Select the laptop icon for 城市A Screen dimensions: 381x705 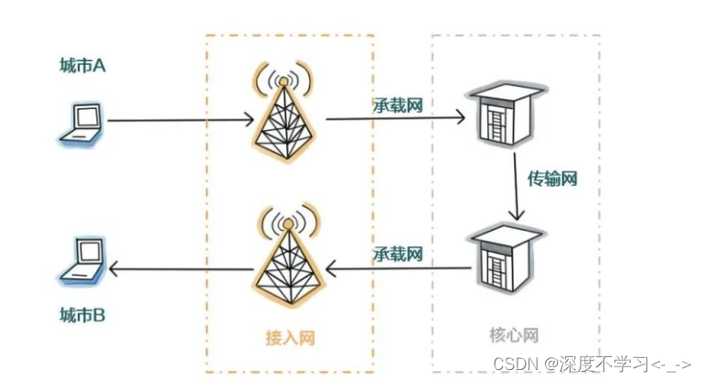(81, 125)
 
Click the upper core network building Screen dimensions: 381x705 (498, 116)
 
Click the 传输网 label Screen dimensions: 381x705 (552, 179)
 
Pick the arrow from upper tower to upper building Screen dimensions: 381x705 (393, 118)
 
